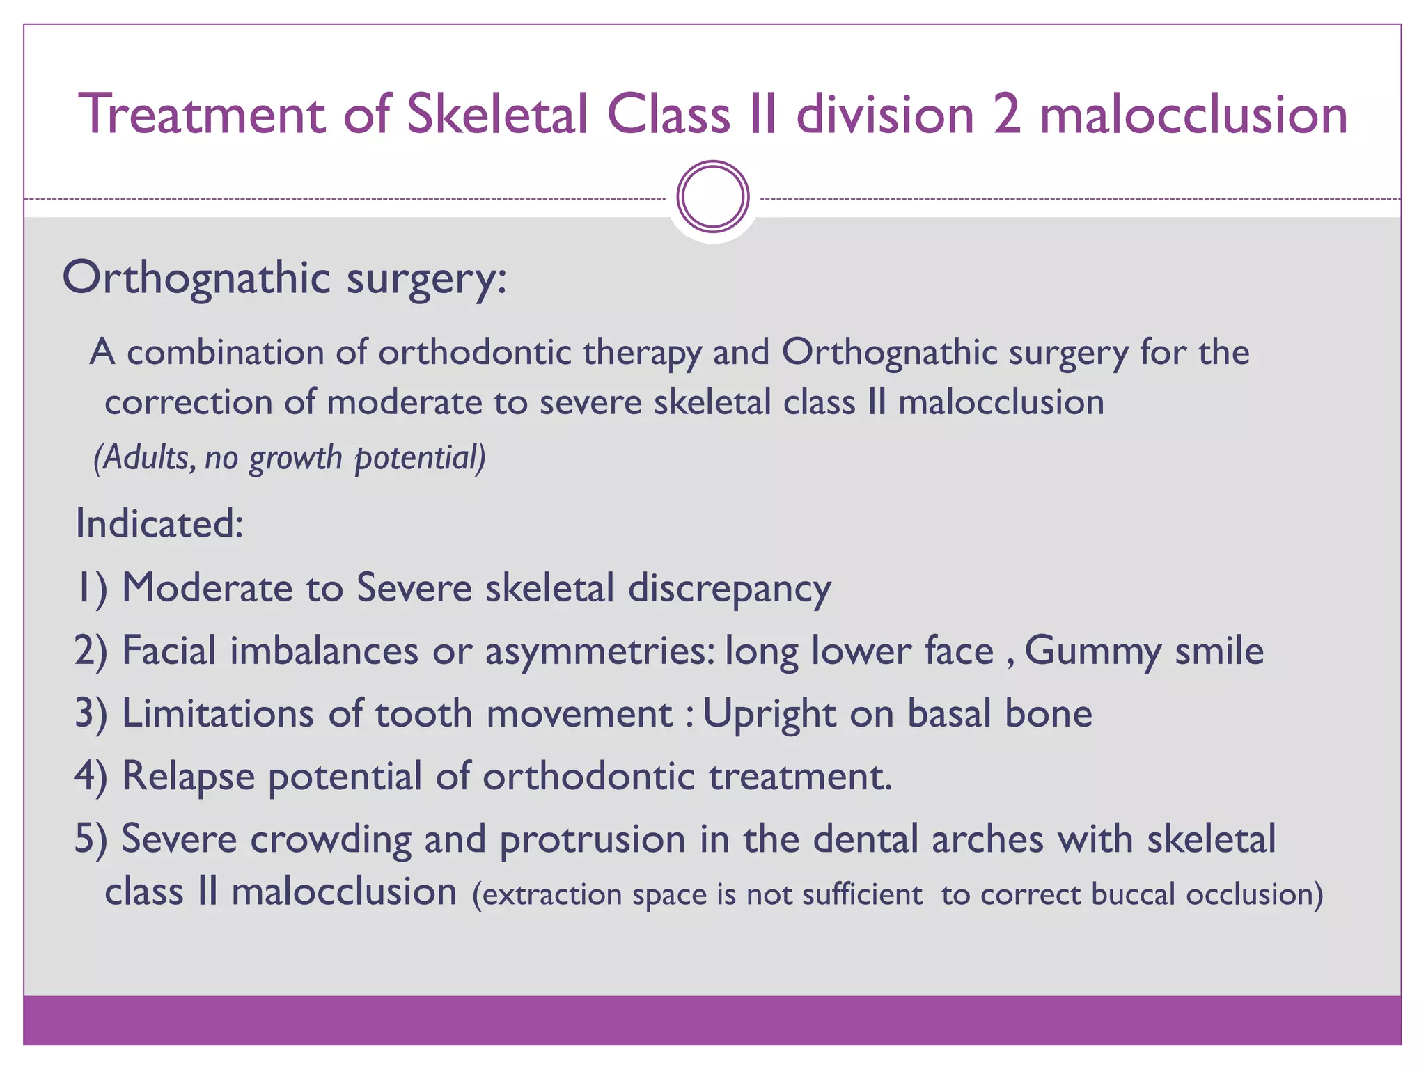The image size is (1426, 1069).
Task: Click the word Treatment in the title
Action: click(x=202, y=114)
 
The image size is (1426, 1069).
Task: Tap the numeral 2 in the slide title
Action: click(x=1006, y=114)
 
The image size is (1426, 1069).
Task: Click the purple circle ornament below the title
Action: click(x=713, y=197)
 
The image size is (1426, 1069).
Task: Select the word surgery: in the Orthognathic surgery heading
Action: click(x=426, y=278)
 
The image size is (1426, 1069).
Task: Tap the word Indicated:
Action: click(x=159, y=523)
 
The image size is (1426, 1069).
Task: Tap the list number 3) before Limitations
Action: click(x=91, y=714)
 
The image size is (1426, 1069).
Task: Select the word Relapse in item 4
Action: click(x=188, y=777)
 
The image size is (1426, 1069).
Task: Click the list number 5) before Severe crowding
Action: click(x=91, y=839)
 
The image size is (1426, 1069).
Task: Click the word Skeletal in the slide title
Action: click(x=498, y=114)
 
